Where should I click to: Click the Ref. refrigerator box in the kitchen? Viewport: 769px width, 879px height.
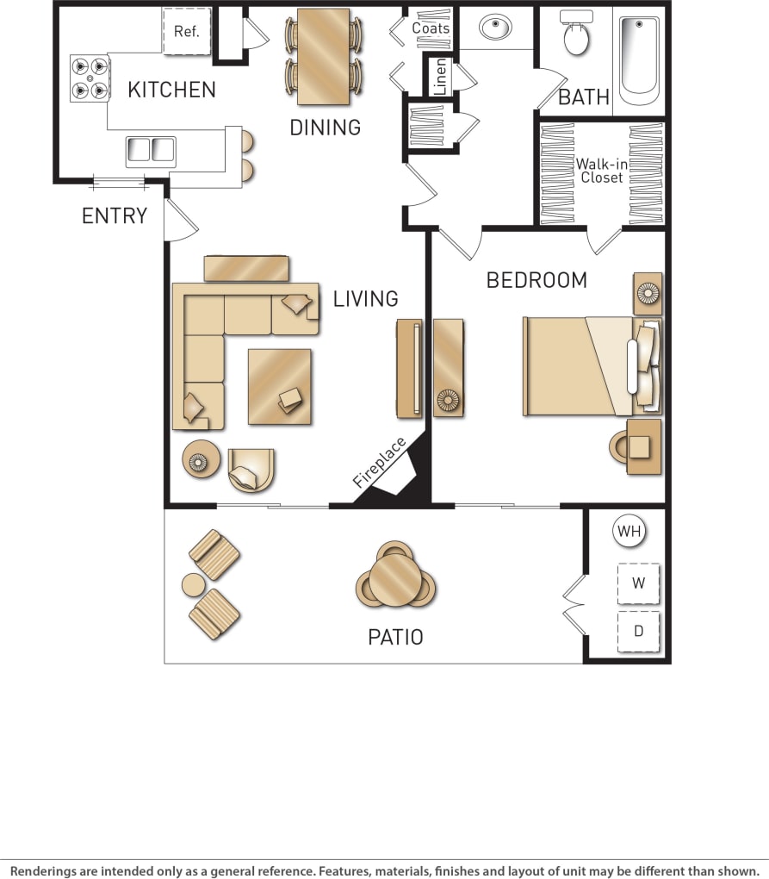pyautogui.click(x=187, y=32)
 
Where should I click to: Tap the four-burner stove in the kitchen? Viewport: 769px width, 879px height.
pyautogui.click(x=90, y=78)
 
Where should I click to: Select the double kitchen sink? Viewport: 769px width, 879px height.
pyautogui.click(x=151, y=152)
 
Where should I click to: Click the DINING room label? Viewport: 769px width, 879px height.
pyautogui.click(x=325, y=128)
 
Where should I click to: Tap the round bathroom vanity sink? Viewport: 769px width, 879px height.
pyautogui.click(x=495, y=28)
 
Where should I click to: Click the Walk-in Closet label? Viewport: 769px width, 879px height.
pyautogui.click(x=601, y=170)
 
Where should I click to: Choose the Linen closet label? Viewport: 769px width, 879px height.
pyautogui.click(x=440, y=76)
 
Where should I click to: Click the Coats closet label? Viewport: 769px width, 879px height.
pyautogui.click(x=431, y=28)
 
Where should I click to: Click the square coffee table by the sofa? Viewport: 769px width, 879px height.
pyautogui.click(x=280, y=386)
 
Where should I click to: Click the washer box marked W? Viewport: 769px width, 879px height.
pyautogui.click(x=638, y=583)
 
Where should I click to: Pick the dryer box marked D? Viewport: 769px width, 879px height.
pyautogui.click(x=638, y=631)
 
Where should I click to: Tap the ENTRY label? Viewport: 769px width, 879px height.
pyautogui.click(x=115, y=216)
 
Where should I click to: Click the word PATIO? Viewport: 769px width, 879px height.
pyautogui.click(x=395, y=638)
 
